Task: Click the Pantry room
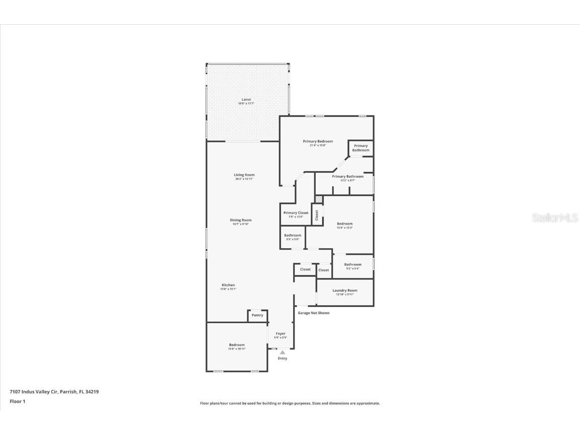point(257,315)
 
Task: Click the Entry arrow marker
point(282,353)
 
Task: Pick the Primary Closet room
point(296,214)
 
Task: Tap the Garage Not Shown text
point(313,313)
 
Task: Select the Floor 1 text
point(17,401)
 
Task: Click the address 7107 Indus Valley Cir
point(54,391)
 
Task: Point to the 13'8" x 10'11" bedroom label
point(236,346)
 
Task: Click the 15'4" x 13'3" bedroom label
point(345,225)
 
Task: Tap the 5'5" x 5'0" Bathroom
point(293,237)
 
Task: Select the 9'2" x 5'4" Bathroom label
point(352,266)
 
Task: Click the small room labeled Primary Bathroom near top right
point(360,148)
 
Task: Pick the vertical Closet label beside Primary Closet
point(317,215)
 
